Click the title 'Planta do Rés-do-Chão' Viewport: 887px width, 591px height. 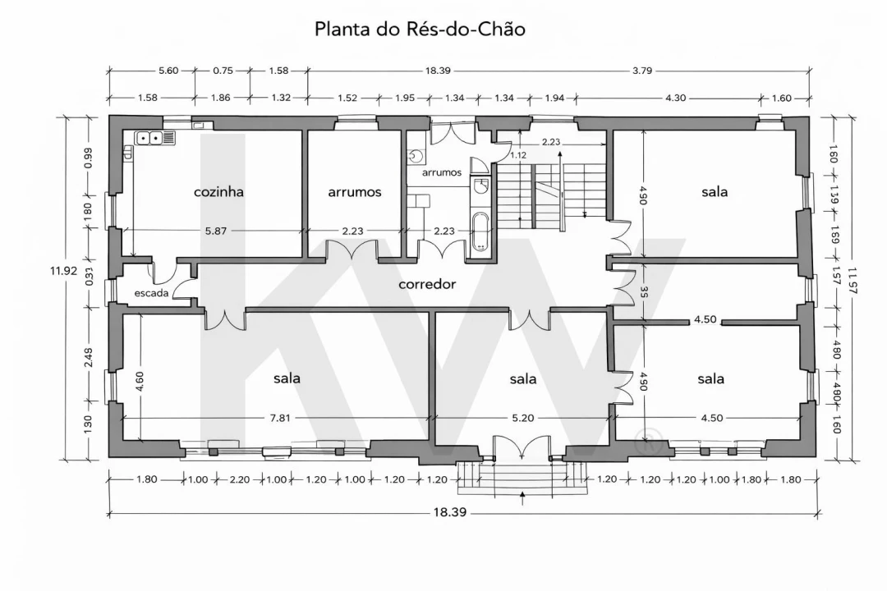click(420, 29)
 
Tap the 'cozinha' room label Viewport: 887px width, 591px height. click(218, 192)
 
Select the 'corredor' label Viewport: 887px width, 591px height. click(426, 285)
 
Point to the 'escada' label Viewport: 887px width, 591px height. click(152, 292)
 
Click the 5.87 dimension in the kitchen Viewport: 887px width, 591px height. click(215, 231)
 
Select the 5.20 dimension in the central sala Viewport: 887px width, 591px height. click(523, 418)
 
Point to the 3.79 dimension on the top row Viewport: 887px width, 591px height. click(642, 71)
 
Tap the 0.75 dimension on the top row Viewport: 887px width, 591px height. click(223, 71)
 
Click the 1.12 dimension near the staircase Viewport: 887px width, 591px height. click(518, 155)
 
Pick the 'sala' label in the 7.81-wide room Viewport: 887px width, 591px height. click(287, 378)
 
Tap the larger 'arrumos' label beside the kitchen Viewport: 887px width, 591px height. click(355, 192)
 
